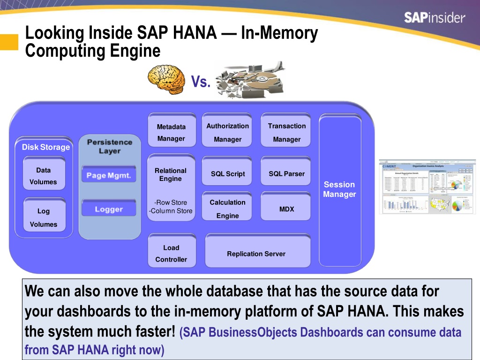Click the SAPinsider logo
click(x=435, y=18)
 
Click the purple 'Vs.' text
click(x=201, y=82)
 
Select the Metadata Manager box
click(x=171, y=132)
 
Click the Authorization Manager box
click(x=228, y=132)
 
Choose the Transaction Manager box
click(x=286, y=132)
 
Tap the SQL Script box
click(x=228, y=174)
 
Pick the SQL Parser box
click(x=286, y=174)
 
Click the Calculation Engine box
click(x=228, y=209)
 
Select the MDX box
click(x=286, y=209)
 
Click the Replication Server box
click(x=256, y=254)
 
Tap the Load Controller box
click(x=171, y=254)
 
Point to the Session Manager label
click(x=339, y=189)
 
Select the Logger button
click(x=109, y=209)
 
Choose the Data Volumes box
click(x=44, y=176)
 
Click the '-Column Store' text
click(x=171, y=211)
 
